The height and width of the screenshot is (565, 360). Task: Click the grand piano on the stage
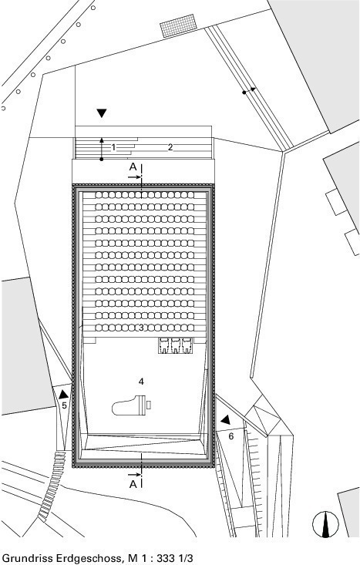(131, 405)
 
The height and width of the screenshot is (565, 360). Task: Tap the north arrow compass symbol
(325, 524)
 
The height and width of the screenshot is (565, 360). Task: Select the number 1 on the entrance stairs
(113, 147)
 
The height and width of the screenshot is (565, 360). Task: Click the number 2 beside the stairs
(170, 147)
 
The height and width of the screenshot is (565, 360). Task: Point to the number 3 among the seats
(141, 328)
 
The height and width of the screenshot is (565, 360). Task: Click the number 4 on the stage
(141, 382)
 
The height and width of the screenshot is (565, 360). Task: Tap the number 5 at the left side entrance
(64, 405)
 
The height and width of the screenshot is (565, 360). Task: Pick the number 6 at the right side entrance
(231, 436)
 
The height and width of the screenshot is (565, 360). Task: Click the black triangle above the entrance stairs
(102, 113)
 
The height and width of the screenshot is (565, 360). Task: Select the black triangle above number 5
(64, 394)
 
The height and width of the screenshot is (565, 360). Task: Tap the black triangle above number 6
(226, 419)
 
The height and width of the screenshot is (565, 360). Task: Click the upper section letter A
(133, 166)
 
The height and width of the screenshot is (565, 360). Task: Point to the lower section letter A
(133, 484)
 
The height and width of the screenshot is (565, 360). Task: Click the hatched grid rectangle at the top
(178, 25)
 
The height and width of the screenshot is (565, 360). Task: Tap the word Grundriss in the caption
(26, 558)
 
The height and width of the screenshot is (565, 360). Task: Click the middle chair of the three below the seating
(176, 345)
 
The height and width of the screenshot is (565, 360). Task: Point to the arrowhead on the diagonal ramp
(253, 89)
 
